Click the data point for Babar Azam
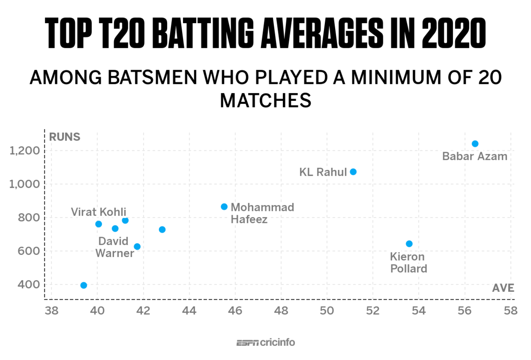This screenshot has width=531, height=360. tap(475, 144)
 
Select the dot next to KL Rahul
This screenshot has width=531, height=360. tap(353, 172)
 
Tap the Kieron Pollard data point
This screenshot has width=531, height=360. tap(409, 244)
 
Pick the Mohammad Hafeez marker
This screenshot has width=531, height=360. tap(224, 207)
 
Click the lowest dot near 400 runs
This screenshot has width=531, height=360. tap(83, 285)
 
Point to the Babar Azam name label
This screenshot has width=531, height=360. tap(475, 157)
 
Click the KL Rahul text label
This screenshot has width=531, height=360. tap(323, 172)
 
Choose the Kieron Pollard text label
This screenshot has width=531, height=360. tap(408, 262)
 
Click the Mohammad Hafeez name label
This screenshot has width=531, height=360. tap(262, 213)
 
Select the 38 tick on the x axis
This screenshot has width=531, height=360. tap(51, 311)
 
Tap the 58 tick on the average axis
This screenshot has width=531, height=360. tap(510, 311)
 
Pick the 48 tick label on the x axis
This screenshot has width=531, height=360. tap(281, 311)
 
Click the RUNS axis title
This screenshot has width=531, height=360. tap(64, 137)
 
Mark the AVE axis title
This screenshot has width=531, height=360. tap(503, 288)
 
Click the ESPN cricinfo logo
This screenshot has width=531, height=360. tap(265, 343)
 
